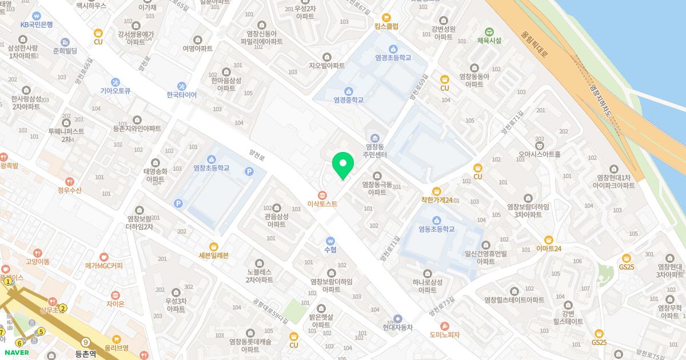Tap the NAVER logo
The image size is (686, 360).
click(16, 353)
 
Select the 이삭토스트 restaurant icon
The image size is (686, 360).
click(322, 194)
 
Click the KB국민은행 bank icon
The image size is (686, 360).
click(37, 15)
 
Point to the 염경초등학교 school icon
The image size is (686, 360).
click(393, 49)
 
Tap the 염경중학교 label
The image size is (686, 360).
click(349, 100)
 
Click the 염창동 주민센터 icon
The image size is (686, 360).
click(376, 138)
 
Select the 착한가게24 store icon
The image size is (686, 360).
click(437, 191)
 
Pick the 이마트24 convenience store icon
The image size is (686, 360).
click(549, 240)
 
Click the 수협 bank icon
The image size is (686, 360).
click(330, 241)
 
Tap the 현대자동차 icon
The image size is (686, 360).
click(398, 318)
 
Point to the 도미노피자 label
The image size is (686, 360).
click(444, 334)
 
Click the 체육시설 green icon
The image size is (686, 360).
click(489, 31)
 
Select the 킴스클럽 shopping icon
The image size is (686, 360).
click(386, 18)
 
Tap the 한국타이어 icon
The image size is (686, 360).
click(181, 86)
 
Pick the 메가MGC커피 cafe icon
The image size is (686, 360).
click(103, 257)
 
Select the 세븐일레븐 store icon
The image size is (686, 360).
click(214, 246)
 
